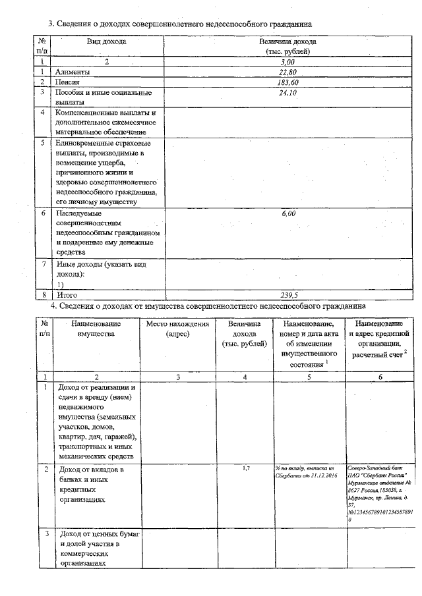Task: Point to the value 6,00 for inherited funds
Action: pos(288,213)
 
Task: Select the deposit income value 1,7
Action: pos(245,468)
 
